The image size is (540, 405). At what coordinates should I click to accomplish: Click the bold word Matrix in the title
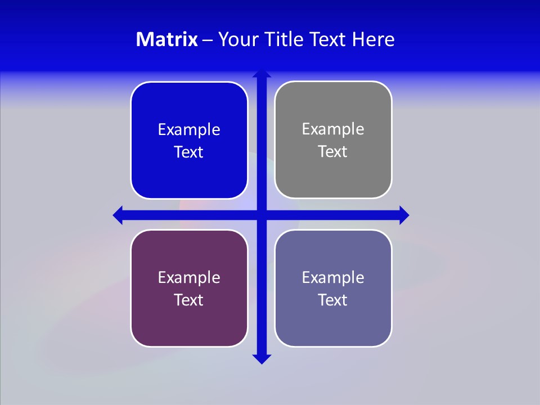166,39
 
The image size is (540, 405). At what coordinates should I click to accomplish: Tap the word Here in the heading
373,39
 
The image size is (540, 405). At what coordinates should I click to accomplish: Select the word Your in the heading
237,39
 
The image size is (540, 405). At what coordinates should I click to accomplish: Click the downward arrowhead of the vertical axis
261,358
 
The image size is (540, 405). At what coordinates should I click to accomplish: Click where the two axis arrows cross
261,215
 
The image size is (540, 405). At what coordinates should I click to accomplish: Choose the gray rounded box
333,174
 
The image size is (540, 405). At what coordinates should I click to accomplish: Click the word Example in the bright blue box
189,130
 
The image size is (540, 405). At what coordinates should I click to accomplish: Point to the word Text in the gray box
333,152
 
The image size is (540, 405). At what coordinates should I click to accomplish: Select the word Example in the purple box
189,278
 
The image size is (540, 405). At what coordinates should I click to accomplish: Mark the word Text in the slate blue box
333,300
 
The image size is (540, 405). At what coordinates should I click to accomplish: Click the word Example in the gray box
333,129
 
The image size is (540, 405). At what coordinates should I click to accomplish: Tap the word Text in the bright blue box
189,152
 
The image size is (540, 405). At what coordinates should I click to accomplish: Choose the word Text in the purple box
189,300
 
